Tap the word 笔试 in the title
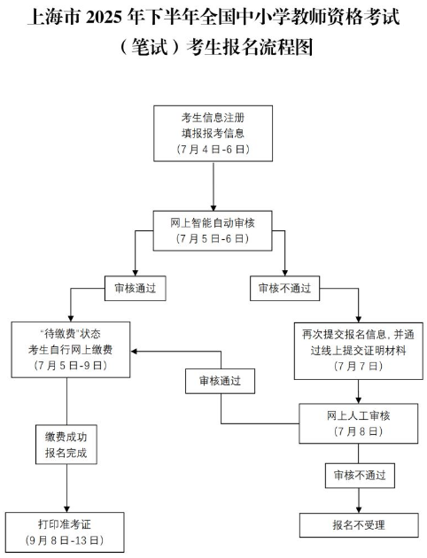[x=150, y=47]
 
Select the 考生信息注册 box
[x=213, y=134]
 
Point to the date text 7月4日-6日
[x=213, y=149]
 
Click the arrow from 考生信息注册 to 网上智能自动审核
[x=213, y=186]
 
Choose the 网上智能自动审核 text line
[x=213, y=223]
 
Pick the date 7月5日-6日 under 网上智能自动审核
[x=213, y=238]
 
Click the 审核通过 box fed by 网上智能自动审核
[x=136, y=288]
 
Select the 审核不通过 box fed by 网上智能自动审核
[x=284, y=288]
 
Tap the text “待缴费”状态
[x=71, y=334]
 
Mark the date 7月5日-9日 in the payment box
[x=71, y=365]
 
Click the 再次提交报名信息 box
[x=358, y=351]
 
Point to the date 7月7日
[x=358, y=366]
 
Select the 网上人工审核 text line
[x=358, y=415]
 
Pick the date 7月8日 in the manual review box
[x=358, y=431]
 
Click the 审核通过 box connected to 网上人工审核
[x=220, y=381]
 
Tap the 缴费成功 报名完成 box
[x=66, y=445]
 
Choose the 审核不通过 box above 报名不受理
[x=360, y=476]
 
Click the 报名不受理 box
[x=359, y=525]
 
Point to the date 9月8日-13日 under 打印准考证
[x=65, y=540]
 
